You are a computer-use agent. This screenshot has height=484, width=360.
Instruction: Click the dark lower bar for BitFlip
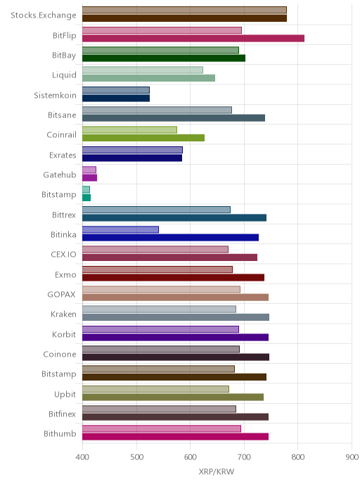pyautogui.click(x=193, y=38)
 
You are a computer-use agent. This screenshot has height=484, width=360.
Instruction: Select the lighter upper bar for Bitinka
pyautogui.click(x=120, y=229)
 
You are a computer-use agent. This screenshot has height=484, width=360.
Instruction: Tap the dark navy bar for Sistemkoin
pyautogui.click(x=116, y=98)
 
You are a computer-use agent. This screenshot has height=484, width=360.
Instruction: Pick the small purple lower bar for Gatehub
pyautogui.click(x=89, y=178)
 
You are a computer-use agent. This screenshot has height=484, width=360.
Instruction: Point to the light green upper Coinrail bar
pyautogui.click(x=129, y=129)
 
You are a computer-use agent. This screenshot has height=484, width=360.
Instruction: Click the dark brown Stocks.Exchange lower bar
pyautogui.click(x=184, y=18)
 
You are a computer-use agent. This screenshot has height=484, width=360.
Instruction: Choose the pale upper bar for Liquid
pyautogui.click(x=143, y=70)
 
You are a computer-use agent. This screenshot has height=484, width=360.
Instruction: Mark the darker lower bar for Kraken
pyautogui.click(x=176, y=317)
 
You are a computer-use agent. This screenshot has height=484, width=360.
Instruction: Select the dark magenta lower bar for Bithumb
pyautogui.click(x=175, y=436)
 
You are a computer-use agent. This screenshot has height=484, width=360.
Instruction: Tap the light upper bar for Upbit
pyautogui.click(x=155, y=389)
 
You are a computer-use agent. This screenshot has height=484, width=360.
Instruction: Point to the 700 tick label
pyautogui.click(x=244, y=457)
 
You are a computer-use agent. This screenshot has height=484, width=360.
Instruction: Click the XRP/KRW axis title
pyautogui.click(x=217, y=472)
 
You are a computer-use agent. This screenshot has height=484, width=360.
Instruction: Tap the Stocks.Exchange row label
pyautogui.click(x=44, y=15)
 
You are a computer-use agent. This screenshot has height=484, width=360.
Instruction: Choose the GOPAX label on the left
pyautogui.click(x=61, y=295)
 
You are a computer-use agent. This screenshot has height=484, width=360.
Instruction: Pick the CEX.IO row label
pyautogui.click(x=63, y=255)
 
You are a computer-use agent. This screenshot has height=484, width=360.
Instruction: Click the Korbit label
pyautogui.click(x=64, y=334)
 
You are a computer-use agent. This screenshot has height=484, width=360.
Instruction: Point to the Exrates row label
pyautogui.click(x=63, y=155)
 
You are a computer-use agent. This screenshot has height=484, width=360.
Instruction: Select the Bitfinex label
pyautogui.click(x=62, y=414)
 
